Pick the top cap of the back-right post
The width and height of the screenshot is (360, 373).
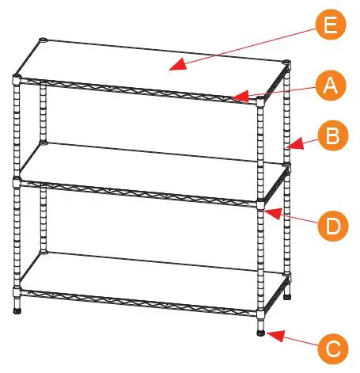[286, 62]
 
